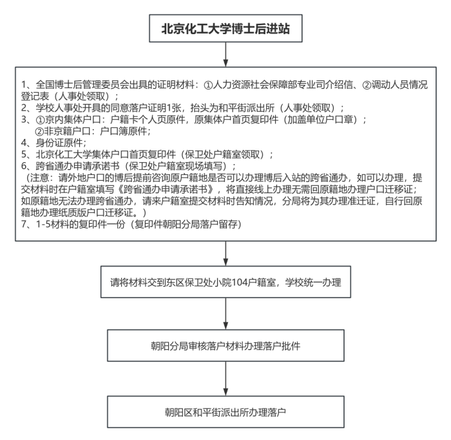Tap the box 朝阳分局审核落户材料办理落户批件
(225, 345)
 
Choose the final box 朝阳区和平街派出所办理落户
(225, 409)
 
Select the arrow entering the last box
(225, 378)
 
